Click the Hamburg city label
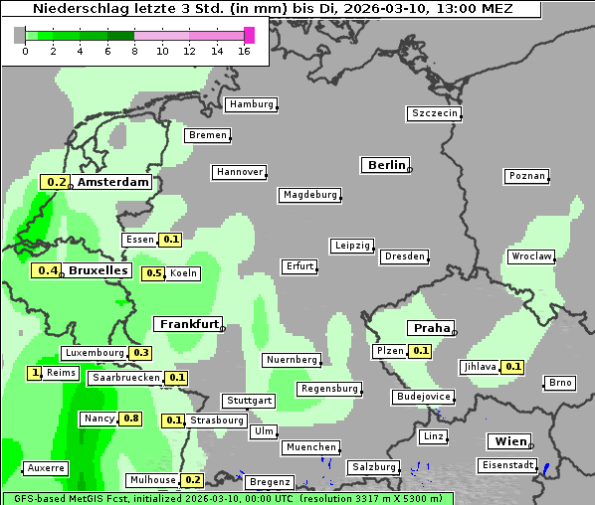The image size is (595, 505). click(251, 104)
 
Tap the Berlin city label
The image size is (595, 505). click(387, 165)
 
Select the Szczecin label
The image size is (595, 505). click(435, 113)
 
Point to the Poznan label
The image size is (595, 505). click(527, 176)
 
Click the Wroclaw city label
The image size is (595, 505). click(531, 256)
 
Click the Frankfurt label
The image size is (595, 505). click(189, 324)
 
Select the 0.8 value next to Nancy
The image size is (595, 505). click(130, 419)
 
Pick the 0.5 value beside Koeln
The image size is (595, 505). click(154, 273)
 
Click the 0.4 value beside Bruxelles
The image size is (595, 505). click(46, 270)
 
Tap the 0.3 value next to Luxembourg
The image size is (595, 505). click(140, 353)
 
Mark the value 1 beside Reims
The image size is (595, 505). click(36, 373)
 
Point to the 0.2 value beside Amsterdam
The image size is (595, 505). click(56, 182)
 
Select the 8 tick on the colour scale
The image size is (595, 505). click(134, 50)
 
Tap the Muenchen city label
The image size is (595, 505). click(311, 448)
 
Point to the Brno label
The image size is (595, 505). click(560, 383)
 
